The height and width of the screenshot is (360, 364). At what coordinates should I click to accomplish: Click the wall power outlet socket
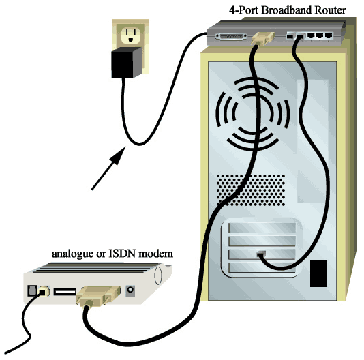click(x=130, y=35)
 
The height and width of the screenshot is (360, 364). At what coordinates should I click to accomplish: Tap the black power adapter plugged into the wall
click(x=126, y=63)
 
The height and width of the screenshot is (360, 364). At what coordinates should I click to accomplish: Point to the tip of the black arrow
click(x=125, y=147)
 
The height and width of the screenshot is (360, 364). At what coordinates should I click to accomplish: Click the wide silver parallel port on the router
click(x=231, y=37)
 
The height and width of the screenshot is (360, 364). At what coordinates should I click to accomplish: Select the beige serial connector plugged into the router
click(x=262, y=38)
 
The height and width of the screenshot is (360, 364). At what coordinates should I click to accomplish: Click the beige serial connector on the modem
click(x=99, y=295)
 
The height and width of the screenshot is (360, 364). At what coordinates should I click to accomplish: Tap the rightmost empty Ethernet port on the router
click(x=329, y=35)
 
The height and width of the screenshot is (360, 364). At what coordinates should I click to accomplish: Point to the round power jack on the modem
click(x=130, y=290)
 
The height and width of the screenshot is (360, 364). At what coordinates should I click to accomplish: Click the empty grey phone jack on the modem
click(x=31, y=290)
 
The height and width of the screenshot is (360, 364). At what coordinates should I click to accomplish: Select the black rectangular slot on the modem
click(x=65, y=292)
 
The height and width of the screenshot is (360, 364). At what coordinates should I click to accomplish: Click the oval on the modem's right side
click(x=157, y=275)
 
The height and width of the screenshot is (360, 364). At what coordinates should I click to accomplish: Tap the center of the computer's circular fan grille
click(x=253, y=114)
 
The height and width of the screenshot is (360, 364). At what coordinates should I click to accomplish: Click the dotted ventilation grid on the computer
click(x=251, y=190)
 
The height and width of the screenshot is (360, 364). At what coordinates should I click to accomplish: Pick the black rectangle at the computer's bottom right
click(x=318, y=273)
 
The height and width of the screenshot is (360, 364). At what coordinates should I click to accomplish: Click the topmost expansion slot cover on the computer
click(x=262, y=228)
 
